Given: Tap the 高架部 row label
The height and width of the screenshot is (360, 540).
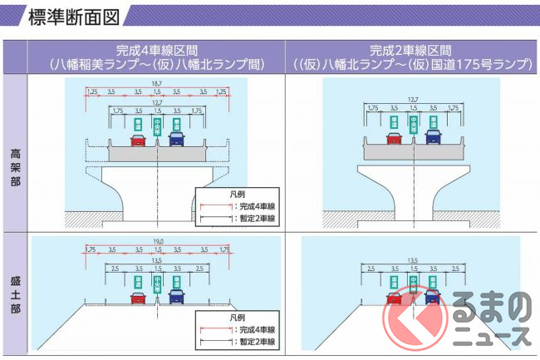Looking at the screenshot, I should (14, 154).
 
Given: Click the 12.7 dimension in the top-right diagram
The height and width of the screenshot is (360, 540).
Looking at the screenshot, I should (413, 101).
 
